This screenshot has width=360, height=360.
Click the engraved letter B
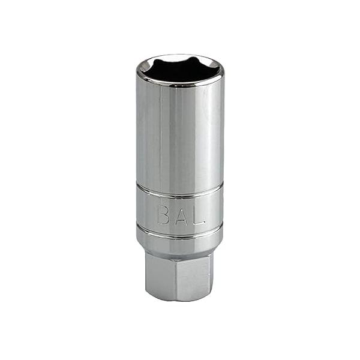click(163, 214)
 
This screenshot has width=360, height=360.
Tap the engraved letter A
click(181, 214)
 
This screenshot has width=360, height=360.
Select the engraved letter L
click(199, 214)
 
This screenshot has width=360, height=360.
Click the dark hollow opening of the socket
click(180, 71)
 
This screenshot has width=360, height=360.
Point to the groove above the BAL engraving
click(180, 191)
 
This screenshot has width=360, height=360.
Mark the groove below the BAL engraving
click(180, 232)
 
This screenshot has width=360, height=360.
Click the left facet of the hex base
click(161, 276)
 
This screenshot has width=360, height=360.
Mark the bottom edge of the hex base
click(180, 299)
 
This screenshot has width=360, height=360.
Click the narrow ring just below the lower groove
click(180, 238)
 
